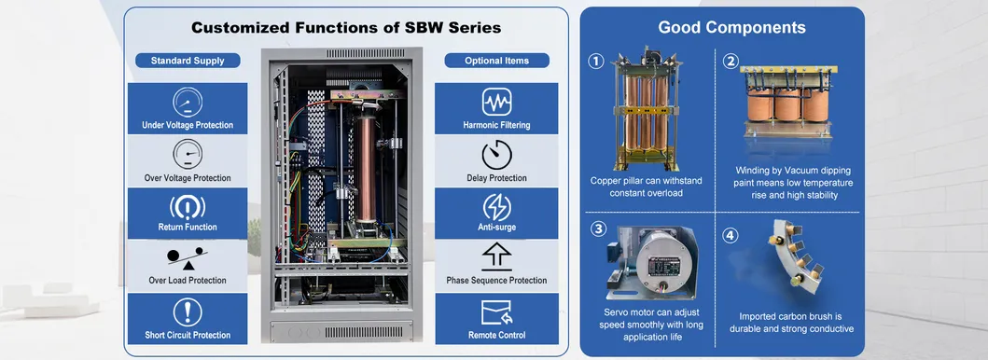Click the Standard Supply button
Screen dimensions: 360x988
point(188,61)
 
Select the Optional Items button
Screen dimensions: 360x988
point(496,61)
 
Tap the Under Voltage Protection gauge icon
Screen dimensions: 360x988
point(188,102)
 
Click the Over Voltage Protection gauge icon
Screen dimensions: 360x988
point(188,154)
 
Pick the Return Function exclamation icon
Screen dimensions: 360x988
point(188,207)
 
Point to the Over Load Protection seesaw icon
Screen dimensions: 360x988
point(188,257)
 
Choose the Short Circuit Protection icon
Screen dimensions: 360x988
point(188,312)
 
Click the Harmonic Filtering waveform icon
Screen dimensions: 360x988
point(496,102)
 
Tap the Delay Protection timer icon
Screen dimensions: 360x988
point(496,154)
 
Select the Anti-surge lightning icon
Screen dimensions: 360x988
point(496,207)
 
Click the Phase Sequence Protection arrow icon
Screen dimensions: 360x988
point(496,257)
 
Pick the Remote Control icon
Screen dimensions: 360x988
point(496,312)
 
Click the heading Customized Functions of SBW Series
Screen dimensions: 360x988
point(346,27)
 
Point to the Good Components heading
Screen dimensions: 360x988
point(720,27)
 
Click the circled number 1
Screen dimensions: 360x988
point(595,62)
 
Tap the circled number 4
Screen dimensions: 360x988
point(731,234)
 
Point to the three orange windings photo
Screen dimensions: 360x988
point(787,110)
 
